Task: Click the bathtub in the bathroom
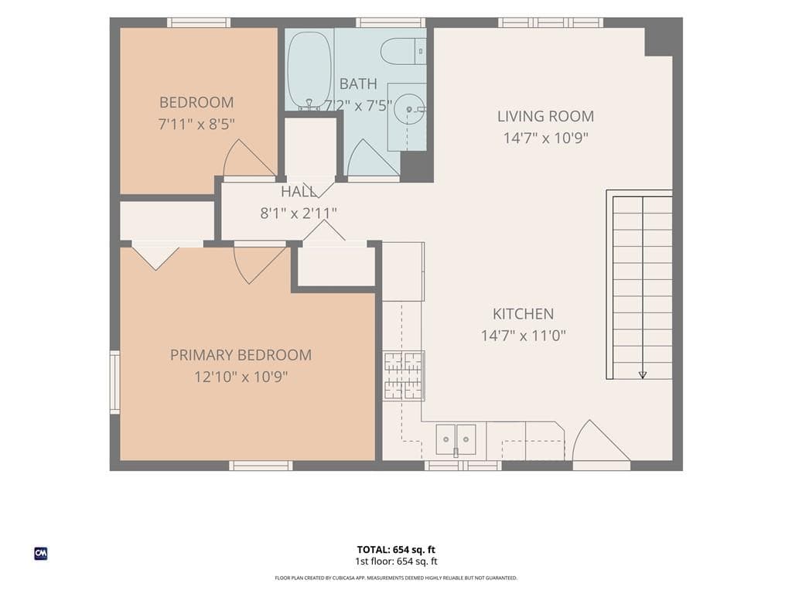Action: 309,70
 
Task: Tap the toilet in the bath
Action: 403,52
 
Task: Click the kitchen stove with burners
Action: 403,375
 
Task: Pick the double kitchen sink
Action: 456,439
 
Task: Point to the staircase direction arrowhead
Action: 643,375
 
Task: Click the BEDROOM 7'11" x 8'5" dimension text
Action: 196,124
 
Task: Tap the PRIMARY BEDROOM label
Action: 241,355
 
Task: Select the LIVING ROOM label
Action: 545,116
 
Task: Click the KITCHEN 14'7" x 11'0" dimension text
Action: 524,336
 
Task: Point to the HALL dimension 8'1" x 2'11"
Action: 299,213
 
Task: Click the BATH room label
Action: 358,84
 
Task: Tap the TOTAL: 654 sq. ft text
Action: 396,550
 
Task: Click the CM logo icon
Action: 41,554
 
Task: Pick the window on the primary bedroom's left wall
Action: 115,382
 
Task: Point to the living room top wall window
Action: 551,22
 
